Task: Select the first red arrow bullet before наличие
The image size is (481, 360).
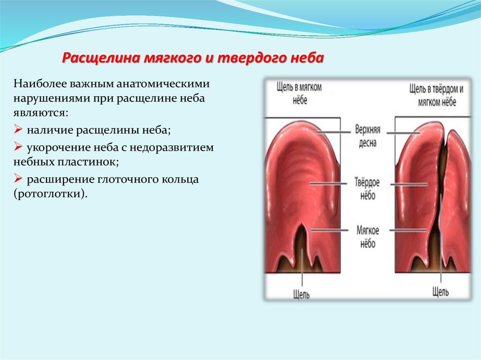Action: click(18, 129)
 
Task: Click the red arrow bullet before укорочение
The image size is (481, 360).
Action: click(18, 146)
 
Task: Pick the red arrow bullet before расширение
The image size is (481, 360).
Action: click(18, 178)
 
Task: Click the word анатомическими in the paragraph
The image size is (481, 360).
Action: click(163, 84)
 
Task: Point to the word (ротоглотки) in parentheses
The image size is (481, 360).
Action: click(50, 194)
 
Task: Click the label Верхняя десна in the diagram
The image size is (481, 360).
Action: click(367, 136)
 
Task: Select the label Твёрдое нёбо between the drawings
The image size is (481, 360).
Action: click(367, 188)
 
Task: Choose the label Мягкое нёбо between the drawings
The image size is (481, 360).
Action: click(367, 237)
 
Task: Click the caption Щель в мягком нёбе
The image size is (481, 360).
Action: click(299, 93)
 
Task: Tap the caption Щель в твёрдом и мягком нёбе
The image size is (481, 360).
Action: click(437, 95)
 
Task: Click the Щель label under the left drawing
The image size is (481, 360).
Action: click(301, 294)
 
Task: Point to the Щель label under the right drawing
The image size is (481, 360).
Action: click(441, 291)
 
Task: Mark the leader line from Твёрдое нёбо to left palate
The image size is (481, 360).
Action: click(328, 184)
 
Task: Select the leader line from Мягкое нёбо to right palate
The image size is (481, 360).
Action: click(408, 230)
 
